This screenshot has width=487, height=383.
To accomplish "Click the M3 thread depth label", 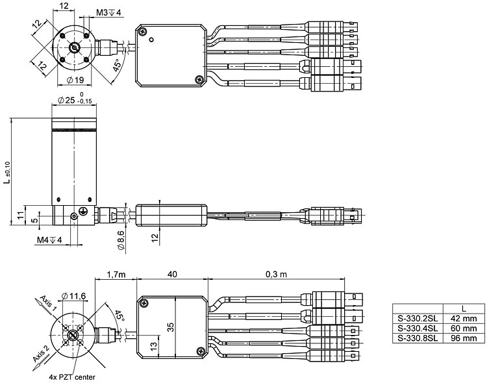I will [x=108, y=12].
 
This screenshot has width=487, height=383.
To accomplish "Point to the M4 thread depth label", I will [x=49, y=240].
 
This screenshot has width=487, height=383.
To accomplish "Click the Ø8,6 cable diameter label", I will [x=121, y=239].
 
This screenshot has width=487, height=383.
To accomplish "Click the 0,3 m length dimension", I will [x=276, y=275].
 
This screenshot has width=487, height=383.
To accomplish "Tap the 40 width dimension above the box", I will [x=172, y=275].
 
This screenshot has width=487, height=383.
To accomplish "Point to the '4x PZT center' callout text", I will [x=73, y=376].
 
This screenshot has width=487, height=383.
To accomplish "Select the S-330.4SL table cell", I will [x=418, y=328].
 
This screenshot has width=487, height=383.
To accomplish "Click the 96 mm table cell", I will [x=464, y=338].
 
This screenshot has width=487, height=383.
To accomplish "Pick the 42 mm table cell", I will [x=464, y=319].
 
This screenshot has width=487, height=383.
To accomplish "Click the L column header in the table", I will [x=463, y=308].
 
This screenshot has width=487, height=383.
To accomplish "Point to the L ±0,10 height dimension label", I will [x=7, y=172].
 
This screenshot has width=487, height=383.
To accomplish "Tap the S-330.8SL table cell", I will [x=418, y=338].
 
